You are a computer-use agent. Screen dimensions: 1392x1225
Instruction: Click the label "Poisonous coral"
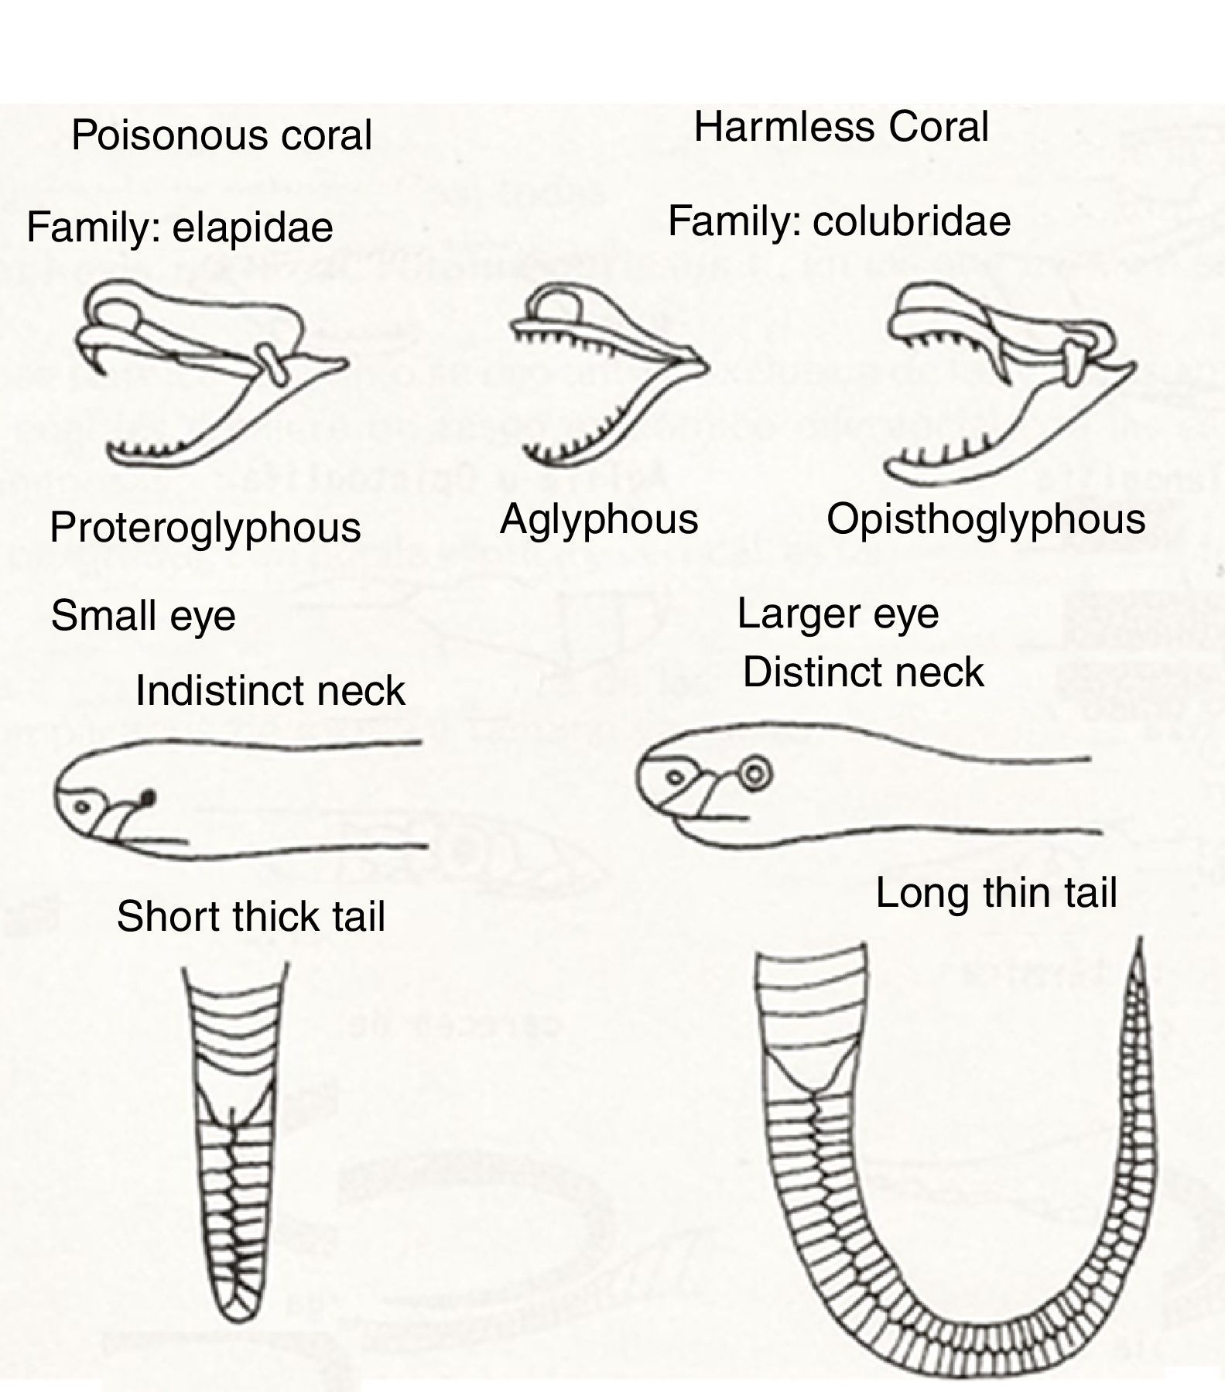click(221, 135)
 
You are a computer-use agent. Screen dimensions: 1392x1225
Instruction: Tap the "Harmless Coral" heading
click(841, 128)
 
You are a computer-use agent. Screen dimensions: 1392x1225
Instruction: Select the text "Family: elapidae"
click(180, 227)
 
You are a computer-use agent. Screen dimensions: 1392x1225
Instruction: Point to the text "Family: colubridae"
click(839, 221)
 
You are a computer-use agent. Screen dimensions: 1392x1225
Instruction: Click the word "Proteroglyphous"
click(205, 528)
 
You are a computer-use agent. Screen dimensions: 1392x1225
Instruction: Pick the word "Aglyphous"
click(599, 518)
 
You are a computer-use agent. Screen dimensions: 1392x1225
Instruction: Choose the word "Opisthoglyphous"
click(985, 518)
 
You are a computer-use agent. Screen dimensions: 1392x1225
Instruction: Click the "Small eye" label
click(143, 617)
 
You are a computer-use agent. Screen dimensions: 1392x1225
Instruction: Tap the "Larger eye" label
click(838, 614)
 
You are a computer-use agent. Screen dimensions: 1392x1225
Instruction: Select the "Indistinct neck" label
click(270, 690)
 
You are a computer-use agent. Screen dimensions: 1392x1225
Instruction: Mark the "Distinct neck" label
click(863, 672)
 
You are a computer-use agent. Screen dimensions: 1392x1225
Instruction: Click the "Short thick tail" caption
click(251, 917)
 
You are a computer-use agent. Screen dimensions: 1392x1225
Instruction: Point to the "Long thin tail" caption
click(996, 893)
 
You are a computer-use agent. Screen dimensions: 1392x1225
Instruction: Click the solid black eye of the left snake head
click(149, 796)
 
